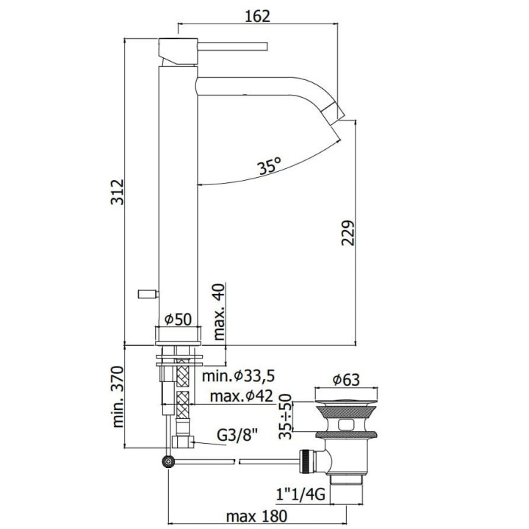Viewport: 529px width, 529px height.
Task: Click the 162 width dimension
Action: tap(258, 16)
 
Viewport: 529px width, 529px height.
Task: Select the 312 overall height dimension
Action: tap(118, 192)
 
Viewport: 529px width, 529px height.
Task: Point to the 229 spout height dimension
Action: tap(348, 233)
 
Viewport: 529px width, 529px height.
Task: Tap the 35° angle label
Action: tap(269, 165)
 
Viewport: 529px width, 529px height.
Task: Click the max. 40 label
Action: tap(219, 312)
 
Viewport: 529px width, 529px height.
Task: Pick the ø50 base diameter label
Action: tap(178, 319)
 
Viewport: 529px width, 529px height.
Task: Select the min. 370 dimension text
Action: tap(118, 397)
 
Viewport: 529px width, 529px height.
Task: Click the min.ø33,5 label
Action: tap(239, 375)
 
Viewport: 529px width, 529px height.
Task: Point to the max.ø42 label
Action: tap(241, 396)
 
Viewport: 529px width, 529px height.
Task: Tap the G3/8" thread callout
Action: tap(237, 436)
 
